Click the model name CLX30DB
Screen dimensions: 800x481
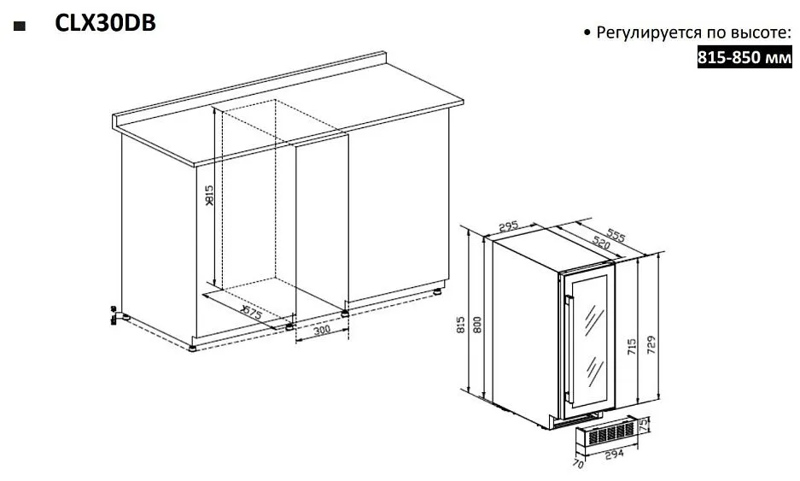(105, 23)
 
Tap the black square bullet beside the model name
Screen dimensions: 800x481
(20, 26)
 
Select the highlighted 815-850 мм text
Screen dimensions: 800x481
(745, 56)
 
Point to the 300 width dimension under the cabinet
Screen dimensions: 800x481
(322, 331)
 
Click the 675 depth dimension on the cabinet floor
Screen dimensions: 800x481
(252, 312)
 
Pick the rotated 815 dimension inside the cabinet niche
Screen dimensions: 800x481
(209, 196)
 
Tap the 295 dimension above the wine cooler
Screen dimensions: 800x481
(508, 226)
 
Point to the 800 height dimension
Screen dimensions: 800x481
(477, 325)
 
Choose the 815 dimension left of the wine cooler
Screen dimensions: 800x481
(461, 325)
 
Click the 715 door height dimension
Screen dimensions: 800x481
(632, 347)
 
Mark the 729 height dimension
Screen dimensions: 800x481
(651, 345)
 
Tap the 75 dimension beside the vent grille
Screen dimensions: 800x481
(644, 423)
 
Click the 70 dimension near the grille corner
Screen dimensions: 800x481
(578, 464)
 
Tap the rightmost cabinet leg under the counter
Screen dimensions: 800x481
(438, 292)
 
